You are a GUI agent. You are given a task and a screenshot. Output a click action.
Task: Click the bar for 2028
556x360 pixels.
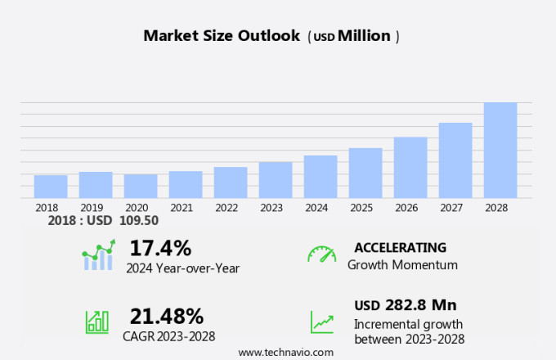point(500,151)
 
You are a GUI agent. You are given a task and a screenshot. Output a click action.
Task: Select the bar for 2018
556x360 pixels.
point(51,187)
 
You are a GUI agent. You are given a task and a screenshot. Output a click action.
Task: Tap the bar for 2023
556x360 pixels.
point(276,180)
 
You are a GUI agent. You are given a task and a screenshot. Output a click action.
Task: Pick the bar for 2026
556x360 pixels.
point(410,168)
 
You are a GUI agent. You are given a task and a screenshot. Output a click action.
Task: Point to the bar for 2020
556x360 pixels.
point(141,186)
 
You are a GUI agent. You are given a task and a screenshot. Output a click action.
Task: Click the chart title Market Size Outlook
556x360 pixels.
point(222,36)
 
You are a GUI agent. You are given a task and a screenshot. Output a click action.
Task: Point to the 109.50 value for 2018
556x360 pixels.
point(140,220)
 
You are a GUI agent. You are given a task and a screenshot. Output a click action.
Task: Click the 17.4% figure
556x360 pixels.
point(160,247)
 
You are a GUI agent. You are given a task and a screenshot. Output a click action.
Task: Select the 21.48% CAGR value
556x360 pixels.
point(167,316)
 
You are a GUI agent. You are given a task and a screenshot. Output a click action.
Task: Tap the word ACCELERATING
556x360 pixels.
point(401,247)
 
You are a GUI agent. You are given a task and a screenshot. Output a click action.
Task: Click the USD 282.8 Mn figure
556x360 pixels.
point(405,305)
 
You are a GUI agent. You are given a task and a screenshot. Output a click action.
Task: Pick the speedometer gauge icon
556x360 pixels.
point(321,254)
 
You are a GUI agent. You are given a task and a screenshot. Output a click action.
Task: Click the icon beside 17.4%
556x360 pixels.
point(98,255)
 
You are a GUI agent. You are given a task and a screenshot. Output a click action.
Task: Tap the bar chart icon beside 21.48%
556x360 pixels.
point(97,321)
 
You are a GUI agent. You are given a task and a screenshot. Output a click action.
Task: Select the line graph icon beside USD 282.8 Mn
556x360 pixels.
point(321,321)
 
